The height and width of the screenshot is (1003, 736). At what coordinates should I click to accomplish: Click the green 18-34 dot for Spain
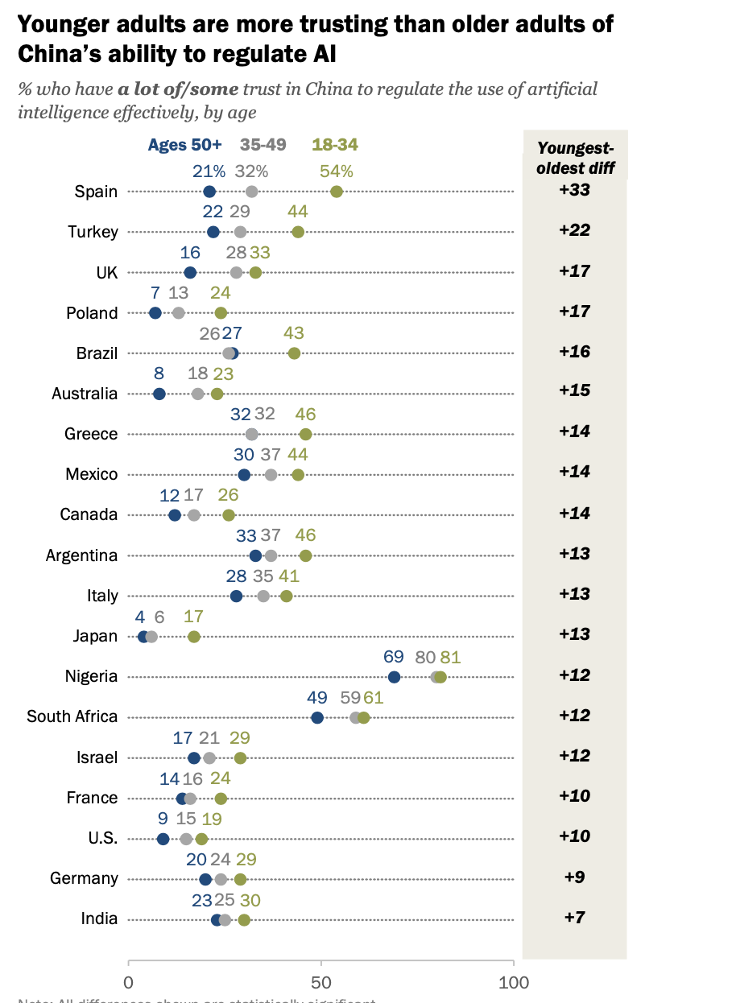click(x=337, y=192)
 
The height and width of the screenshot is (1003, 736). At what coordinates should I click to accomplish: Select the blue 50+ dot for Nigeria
click(x=394, y=677)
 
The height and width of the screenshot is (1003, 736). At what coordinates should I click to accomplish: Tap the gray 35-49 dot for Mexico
click(x=271, y=475)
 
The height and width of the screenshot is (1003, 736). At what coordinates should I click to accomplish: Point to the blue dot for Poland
click(x=155, y=313)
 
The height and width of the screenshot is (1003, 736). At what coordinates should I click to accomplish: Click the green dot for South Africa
click(x=363, y=717)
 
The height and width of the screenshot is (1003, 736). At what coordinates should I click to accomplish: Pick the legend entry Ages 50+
click(x=184, y=145)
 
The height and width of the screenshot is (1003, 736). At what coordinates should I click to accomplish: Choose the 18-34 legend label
click(x=335, y=145)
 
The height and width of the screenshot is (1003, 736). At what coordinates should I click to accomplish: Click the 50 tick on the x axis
click(x=321, y=982)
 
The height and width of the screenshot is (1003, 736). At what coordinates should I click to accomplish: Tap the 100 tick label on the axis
click(x=514, y=982)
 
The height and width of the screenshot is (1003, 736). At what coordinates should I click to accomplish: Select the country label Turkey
click(x=93, y=232)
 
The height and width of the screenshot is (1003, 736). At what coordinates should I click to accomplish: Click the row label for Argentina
click(x=82, y=555)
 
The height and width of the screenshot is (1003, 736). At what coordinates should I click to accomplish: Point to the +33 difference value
click(x=574, y=191)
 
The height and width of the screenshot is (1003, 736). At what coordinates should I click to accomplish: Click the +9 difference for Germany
click(x=574, y=877)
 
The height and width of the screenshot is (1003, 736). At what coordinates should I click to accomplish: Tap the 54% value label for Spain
click(x=337, y=171)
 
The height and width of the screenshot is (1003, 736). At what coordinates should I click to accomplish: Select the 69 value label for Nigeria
click(x=394, y=656)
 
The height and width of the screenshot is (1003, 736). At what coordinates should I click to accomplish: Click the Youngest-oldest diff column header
click(x=575, y=157)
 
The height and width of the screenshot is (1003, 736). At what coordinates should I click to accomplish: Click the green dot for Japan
click(x=194, y=637)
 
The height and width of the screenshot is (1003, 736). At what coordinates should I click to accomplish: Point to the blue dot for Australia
click(x=159, y=394)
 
